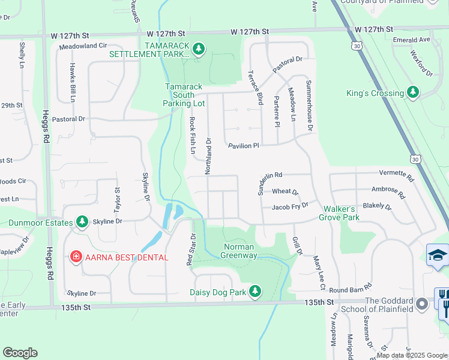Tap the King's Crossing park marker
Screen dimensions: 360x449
click(x=412, y=93)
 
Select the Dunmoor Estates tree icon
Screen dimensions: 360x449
click(x=82, y=223)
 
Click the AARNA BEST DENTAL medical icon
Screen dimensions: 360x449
click(x=76, y=257)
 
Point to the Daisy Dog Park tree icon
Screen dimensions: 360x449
click(x=256, y=292)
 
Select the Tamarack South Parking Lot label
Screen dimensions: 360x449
click(x=185, y=95)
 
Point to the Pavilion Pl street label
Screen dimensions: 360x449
click(x=243, y=145)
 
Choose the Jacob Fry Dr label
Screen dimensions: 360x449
click(x=290, y=206)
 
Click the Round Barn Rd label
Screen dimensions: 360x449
click(x=351, y=289)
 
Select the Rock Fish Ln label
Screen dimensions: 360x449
click(x=193, y=135)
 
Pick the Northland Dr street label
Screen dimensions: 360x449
click(x=209, y=156)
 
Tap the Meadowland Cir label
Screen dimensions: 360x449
click(x=83, y=45)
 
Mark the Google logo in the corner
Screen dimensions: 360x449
click(x=20, y=353)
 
